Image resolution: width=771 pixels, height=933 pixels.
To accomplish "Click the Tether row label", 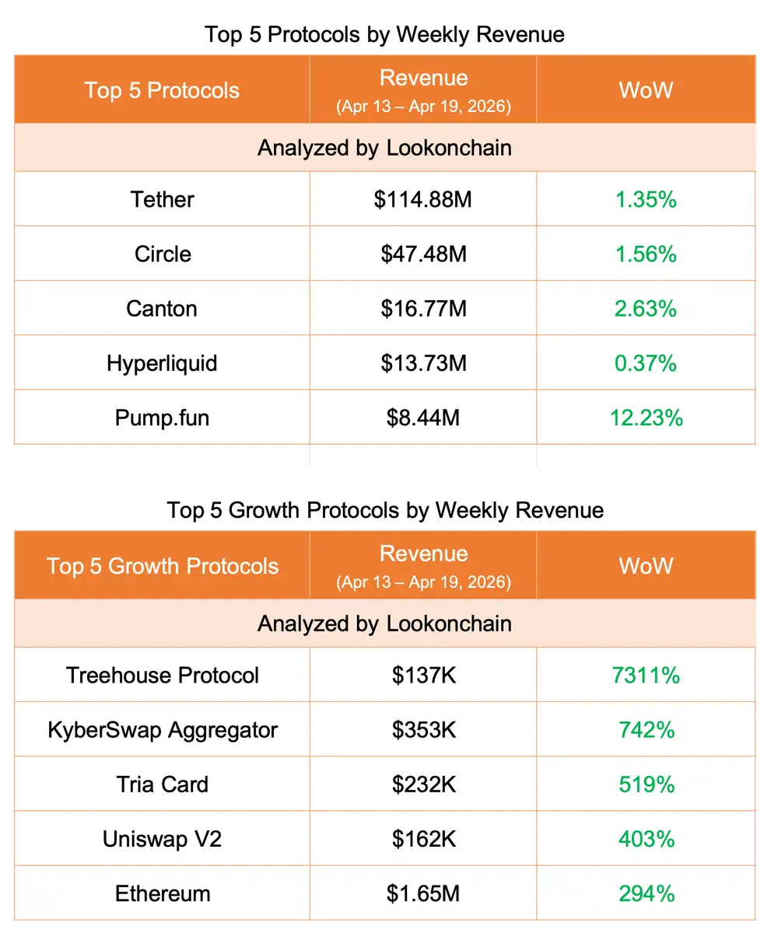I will click(x=162, y=200).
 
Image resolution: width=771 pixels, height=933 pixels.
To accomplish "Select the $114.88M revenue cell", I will click(x=422, y=200).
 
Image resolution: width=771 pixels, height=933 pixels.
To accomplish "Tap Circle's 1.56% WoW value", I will click(x=646, y=254).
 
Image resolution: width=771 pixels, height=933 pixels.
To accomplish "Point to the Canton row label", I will click(x=162, y=309).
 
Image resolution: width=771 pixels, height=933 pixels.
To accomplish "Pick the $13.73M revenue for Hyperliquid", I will click(x=422, y=363).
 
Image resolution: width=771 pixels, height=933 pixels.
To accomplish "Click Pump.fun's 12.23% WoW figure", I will click(x=646, y=418).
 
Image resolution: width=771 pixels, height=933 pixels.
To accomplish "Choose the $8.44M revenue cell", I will click(x=422, y=418).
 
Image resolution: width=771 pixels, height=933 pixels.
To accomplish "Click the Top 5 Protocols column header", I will click(x=162, y=90).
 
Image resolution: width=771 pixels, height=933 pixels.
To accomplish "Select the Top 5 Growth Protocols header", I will click(x=162, y=566).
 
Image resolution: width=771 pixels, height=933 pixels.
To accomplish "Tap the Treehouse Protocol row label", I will click(x=162, y=675).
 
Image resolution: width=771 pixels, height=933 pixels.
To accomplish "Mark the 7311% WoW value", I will click(x=646, y=675).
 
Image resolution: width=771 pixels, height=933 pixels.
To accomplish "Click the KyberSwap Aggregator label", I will click(x=162, y=730).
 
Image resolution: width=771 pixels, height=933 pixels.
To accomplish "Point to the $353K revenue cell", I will click(x=422, y=730).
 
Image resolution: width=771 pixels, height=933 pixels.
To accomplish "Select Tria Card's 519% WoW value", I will click(x=646, y=784).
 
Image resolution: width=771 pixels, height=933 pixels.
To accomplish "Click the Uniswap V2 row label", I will click(x=162, y=839).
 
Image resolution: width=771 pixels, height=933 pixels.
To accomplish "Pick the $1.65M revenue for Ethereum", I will click(x=422, y=893).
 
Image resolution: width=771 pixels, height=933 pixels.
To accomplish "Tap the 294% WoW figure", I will click(x=646, y=893).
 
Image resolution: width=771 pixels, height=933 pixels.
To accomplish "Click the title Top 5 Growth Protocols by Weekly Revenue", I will click(x=385, y=510).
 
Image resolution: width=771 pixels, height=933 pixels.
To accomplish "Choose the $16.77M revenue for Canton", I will click(x=422, y=309).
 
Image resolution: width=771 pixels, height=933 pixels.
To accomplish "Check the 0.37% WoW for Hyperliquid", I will click(x=646, y=363).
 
